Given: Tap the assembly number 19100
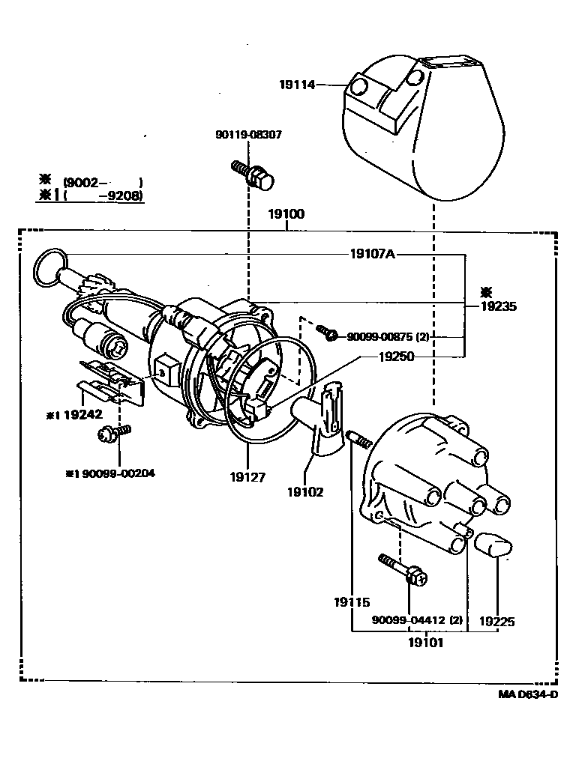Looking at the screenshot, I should [286, 214].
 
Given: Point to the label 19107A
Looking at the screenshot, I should [372, 254].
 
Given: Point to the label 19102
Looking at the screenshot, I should [305, 492].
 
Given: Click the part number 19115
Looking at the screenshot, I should [352, 601].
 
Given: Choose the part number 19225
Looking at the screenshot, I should [496, 620].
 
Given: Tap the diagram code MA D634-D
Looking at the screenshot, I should [528, 694].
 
